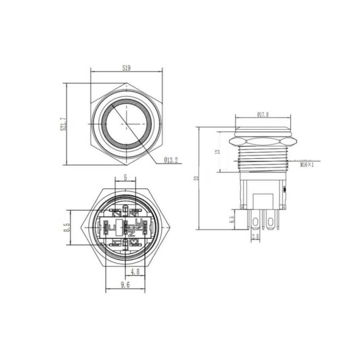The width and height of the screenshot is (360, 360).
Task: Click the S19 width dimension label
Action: click(x=126, y=67)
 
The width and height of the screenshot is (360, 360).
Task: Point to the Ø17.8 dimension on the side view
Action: click(x=262, y=114)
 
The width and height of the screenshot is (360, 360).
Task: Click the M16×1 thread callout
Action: click(x=307, y=165)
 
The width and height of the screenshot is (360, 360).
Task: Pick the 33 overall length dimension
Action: click(x=195, y=179)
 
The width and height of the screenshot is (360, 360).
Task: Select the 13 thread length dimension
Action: click(x=217, y=151)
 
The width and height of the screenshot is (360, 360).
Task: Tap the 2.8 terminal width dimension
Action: click(x=255, y=237)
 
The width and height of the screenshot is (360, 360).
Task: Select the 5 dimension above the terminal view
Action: click(x=125, y=178)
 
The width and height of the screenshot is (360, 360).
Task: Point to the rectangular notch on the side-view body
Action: click(x=263, y=200)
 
